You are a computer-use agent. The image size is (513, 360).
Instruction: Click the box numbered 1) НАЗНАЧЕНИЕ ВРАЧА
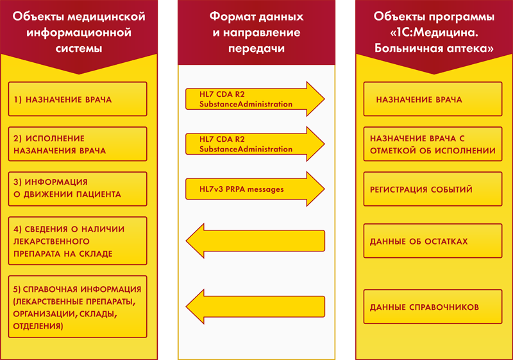[x=78, y=99]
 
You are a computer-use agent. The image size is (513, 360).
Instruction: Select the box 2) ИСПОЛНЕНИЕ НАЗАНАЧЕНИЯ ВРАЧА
[x=78, y=144]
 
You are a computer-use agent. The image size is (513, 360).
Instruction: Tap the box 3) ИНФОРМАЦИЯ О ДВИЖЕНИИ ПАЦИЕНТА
[x=78, y=189]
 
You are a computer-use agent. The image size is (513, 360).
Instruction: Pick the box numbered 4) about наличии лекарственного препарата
[x=78, y=241]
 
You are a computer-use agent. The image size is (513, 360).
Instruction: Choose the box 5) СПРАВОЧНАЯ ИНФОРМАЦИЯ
[x=78, y=307]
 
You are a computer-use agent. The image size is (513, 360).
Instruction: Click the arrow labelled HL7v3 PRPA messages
[x=255, y=189]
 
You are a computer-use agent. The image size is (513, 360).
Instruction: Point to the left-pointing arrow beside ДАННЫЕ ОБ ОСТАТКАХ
[x=255, y=241]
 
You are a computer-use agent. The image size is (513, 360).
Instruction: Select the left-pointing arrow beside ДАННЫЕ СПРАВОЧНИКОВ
[x=255, y=307]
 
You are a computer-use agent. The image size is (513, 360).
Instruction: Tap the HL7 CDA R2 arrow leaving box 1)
[x=255, y=99]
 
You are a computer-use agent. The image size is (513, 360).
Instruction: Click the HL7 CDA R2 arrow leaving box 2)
[x=255, y=144]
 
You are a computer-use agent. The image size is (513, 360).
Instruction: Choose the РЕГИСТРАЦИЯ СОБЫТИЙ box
[x=433, y=189]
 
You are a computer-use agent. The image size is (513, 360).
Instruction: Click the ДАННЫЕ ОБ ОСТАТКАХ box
[x=433, y=241]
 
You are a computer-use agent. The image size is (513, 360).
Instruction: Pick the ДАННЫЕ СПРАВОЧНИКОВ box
[x=433, y=307]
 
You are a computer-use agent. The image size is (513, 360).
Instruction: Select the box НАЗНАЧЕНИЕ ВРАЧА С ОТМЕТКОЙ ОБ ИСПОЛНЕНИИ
[x=433, y=144]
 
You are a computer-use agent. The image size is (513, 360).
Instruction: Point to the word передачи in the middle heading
[x=256, y=49]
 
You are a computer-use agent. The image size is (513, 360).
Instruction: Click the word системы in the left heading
[x=79, y=48]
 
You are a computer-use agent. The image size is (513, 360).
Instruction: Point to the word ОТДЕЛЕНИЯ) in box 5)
[x=38, y=326]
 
